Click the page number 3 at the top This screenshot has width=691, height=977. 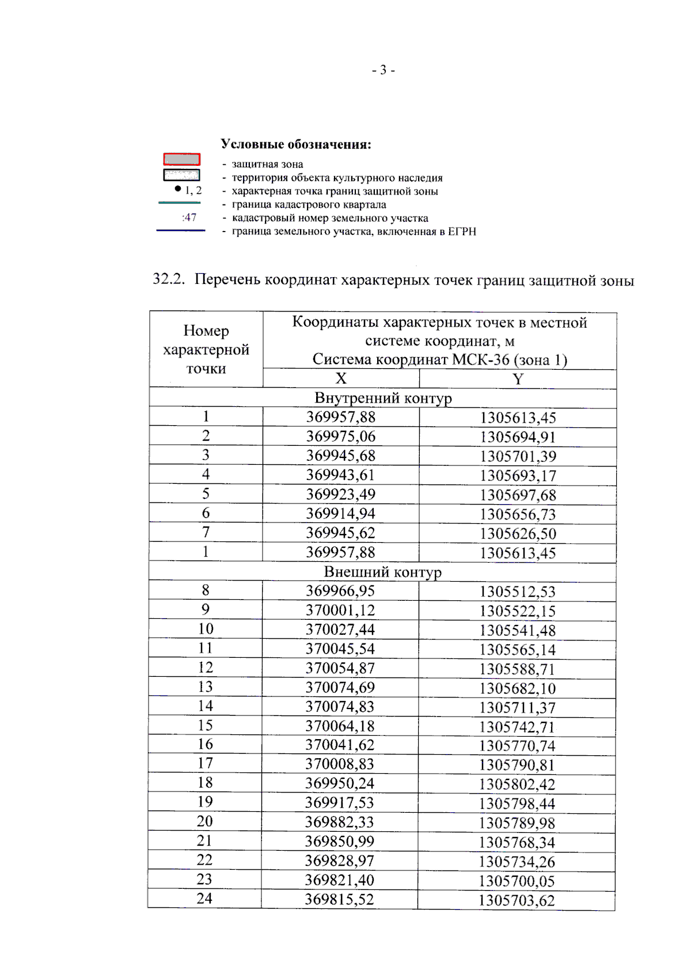point(383,71)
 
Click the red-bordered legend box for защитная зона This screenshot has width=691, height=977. point(181,159)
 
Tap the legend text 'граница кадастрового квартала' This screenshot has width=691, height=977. point(309,205)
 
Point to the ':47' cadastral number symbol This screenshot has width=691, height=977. point(189,218)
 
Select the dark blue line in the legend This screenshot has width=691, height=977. point(181,230)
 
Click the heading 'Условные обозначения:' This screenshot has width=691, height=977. point(296,145)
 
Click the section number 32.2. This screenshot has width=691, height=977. point(168,279)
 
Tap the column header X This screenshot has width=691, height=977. point(341,378)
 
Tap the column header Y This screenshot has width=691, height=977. point(518,379)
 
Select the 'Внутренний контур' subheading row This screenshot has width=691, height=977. point(383,398)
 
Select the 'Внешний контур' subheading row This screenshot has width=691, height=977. point(382,572)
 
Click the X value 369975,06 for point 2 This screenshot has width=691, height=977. point(340,437)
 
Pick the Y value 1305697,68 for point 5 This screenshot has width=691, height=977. point(518,495)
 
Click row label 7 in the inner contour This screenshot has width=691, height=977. point(206,532)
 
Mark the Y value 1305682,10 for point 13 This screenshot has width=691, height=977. point(517,688)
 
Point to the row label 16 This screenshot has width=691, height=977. point(205,744)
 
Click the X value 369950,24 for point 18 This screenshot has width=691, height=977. point(340,783)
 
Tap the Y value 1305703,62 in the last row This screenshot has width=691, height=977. point(517,900)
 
